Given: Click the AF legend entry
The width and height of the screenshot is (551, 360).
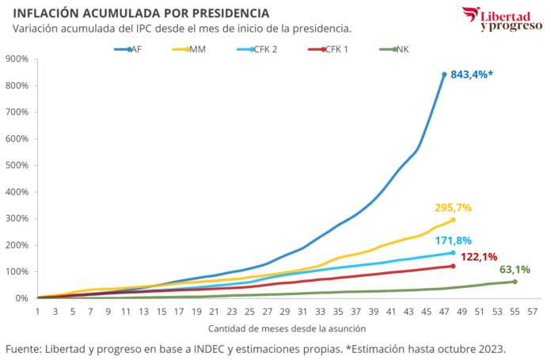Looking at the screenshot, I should pyautogui.click(x=130, y=49).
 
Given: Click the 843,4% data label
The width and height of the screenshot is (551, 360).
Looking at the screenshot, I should pyautogui.click(x=473, y=74).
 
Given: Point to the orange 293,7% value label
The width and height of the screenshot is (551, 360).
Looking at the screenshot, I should pyautogui.click(x=453, y=207).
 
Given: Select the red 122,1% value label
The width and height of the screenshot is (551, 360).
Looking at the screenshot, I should pyautogui.click(x=478, y=256).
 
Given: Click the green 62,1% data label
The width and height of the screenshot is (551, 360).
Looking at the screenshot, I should pyautogui.click(x=515, y=269).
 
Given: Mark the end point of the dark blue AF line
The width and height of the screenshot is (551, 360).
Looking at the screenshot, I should pyautogui.click(x=444, y=74).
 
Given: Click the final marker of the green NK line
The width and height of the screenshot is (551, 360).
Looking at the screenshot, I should pyautogui.click(x=515, y=281).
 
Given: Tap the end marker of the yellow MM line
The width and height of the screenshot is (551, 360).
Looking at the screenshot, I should pyautogui.click(x=453, y=220).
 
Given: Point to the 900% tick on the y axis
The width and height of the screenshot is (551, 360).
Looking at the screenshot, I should pyautogui.click(x=17, y=59).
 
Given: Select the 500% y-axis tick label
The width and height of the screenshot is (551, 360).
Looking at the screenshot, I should pyautogui.click(x=17, y=165).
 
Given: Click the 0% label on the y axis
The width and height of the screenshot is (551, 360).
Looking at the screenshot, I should pyautogui.click(x=21, y=297).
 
